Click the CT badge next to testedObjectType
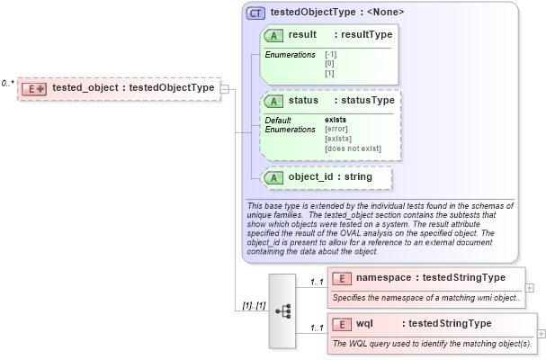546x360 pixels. tap(255, 13)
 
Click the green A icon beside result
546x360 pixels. tap(273, 34)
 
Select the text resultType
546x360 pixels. tap(363, 34)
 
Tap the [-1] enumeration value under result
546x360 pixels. tap(331, 55)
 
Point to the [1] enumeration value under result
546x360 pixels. tap(329, 73)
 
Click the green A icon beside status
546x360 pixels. tap(273, 100)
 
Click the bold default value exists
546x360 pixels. tap(336, 119)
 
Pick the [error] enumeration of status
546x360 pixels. tap(337, 129)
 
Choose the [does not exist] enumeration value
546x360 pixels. tap(353, 148)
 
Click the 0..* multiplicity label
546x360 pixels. tap(7, 83)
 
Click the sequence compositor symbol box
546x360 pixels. tap(282, 310)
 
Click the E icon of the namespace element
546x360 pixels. tap(342, 278)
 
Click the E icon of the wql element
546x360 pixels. tap(342, 323)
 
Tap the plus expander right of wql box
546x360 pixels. tap(542, 333)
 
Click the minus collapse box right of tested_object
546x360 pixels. tap(225, 88)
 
